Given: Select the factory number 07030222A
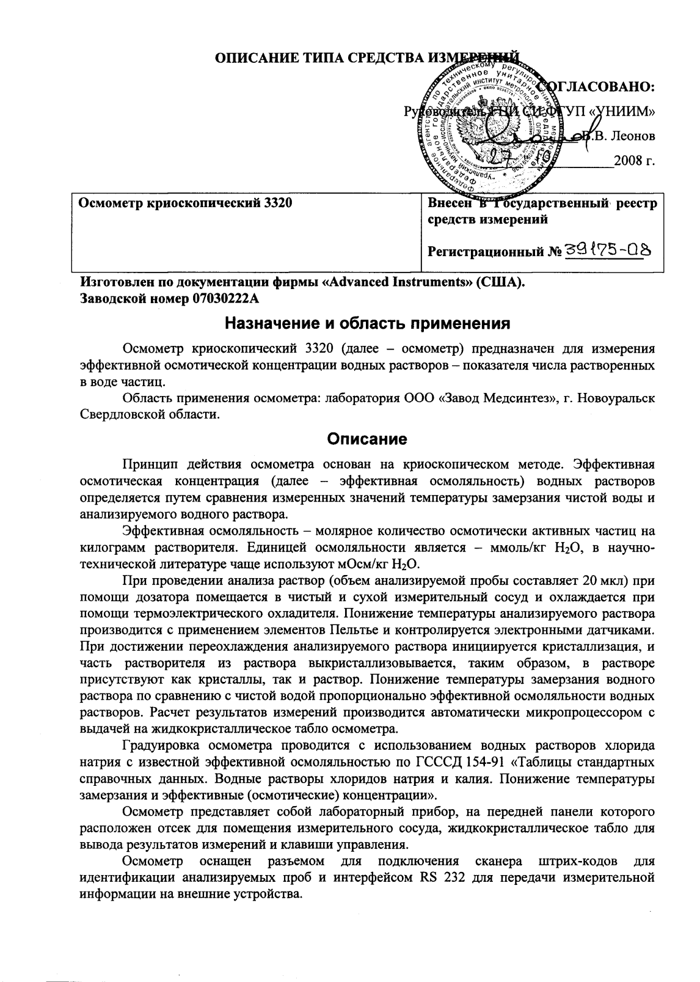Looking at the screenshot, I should [225, 299].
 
